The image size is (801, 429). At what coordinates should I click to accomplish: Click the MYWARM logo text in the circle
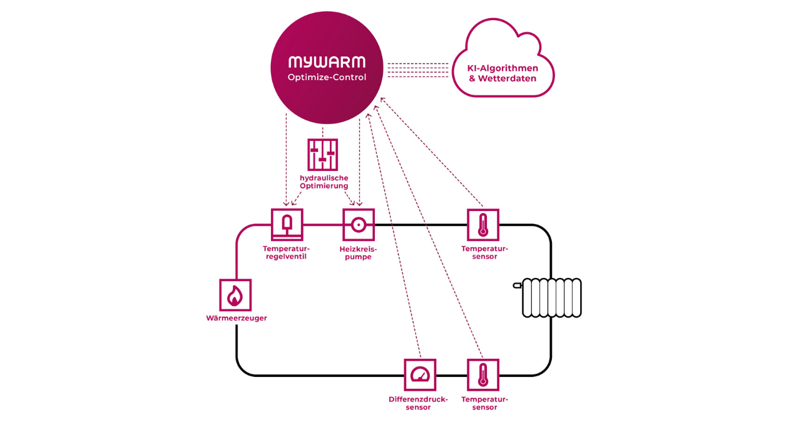pos(327,62)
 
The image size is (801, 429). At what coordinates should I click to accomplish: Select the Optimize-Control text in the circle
pos(327,78)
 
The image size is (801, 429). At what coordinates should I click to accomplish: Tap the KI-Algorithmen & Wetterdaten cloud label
pos(503,73)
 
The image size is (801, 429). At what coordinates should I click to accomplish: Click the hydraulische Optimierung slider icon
pos(322,155)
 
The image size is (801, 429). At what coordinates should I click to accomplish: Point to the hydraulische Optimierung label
pos(324,182)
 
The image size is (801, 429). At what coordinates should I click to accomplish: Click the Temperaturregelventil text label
pos(286,252)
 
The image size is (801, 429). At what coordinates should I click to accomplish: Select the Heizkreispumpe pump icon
pos(359,225)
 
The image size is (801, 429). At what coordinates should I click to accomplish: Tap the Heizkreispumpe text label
pos(358,252)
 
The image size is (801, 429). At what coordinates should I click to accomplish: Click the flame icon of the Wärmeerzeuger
pos(235,295)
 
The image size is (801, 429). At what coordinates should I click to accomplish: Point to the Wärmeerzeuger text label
pos(237,318)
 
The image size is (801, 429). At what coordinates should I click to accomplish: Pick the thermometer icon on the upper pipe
pos(483,225)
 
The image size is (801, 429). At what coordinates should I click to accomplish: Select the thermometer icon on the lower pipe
pos(483,375)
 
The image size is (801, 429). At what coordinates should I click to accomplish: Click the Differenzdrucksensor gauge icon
pos(419,375)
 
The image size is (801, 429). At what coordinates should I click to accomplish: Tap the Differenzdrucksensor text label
pos(418,403)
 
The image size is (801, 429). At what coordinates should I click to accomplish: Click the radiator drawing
pos(552,298)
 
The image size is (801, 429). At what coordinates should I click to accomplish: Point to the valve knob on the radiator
pos(517,286)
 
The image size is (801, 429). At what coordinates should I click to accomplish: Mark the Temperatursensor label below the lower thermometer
pos(484,403)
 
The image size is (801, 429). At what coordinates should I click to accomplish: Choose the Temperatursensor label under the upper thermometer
pos(484,252)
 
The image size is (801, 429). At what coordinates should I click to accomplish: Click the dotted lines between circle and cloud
pos(417,70)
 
